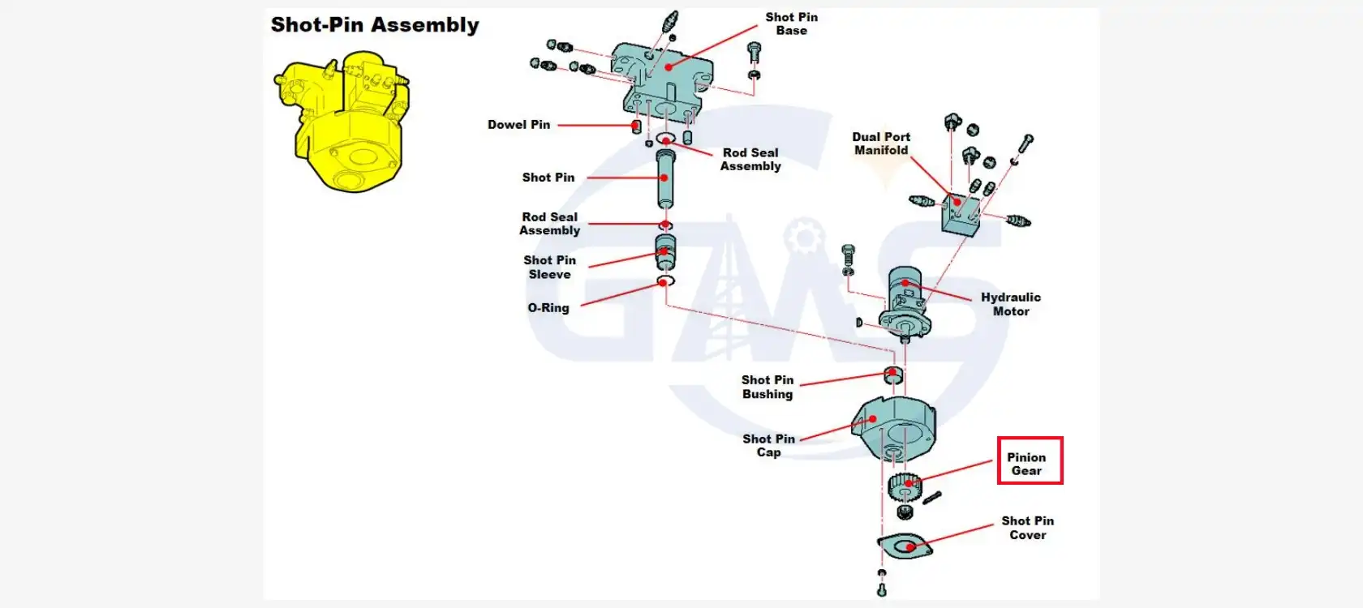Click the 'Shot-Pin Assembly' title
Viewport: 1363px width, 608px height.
tap(375, 25)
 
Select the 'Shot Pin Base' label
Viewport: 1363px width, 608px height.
tap(791, 24)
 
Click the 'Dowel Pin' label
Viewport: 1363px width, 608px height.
tap(518, 125)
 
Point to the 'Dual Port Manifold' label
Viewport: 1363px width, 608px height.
tap(881, 143)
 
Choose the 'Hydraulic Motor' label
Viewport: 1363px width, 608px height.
tap(1011, 304)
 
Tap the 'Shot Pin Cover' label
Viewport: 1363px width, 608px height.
tap(1027, 528)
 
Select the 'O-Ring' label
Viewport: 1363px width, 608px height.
tap(548, 308)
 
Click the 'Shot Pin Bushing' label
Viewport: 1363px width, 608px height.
tap(767, 387)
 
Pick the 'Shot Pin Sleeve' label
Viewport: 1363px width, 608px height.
tap(549, 267)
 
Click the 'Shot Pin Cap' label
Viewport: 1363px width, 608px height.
tap(768, 446)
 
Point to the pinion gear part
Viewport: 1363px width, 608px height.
tap(905, 486)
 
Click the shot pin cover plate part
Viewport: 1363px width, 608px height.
tap(905, 546)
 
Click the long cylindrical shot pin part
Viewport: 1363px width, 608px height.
tap(665, 178)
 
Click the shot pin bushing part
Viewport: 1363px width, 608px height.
tap(892, 375)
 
